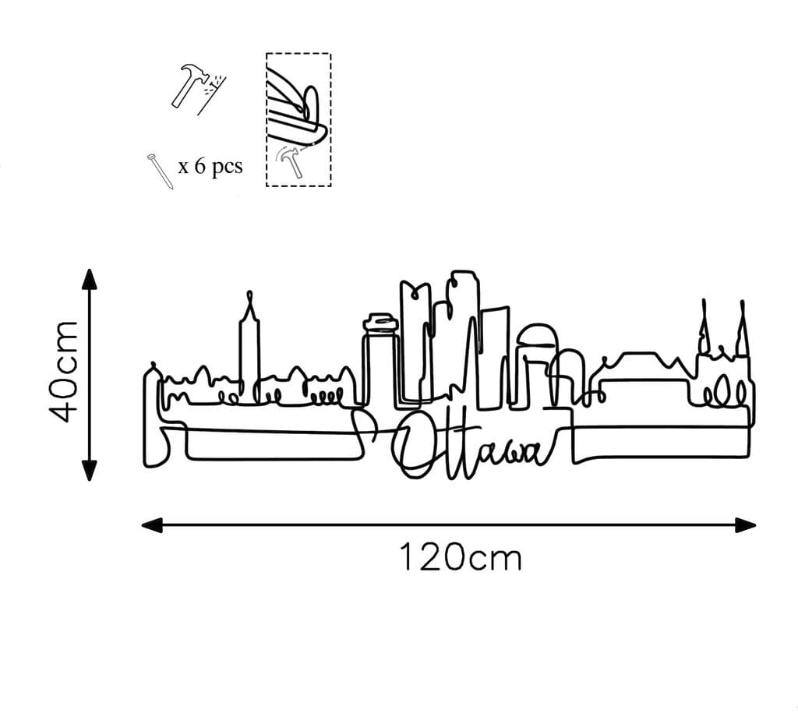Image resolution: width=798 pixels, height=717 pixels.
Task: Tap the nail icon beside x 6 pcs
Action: pos(159,171)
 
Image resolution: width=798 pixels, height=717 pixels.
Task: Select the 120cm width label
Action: pos(460,558)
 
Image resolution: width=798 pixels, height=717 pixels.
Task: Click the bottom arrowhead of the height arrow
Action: pos(90,471)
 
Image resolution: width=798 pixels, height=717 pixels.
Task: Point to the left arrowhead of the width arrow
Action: pos(151,525)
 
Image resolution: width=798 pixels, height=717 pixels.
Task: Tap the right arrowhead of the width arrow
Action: pos(746,525)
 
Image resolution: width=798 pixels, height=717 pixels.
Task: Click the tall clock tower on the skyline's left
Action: pos(249,343)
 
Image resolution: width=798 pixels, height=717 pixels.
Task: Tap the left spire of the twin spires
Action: pos(704,327)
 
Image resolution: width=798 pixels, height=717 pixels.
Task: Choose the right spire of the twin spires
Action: pos(743,327)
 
